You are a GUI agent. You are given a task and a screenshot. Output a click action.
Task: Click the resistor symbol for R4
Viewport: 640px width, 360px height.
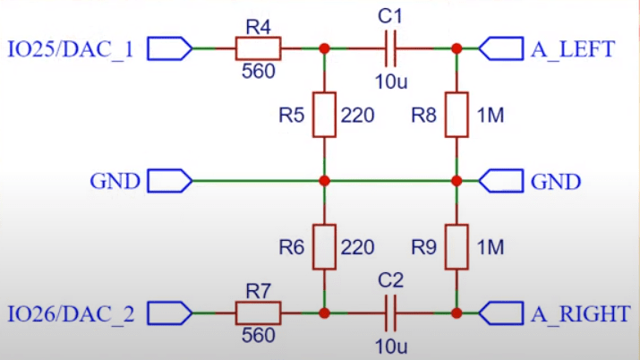[x=258, y=47]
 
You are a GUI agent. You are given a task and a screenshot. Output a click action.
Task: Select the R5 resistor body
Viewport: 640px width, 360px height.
[x=324, y=115]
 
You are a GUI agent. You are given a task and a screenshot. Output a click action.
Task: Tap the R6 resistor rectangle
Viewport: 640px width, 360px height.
[x=324, y=246]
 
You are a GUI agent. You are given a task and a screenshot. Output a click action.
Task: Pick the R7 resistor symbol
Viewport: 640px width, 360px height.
[x=258, y=313]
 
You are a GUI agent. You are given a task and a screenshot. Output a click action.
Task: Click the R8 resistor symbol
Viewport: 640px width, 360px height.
[x=456, y=115]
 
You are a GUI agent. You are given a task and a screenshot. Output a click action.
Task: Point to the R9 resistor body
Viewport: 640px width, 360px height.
[x=456, y=246]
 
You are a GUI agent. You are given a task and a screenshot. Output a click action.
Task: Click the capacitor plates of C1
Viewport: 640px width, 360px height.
[x=390, y=47]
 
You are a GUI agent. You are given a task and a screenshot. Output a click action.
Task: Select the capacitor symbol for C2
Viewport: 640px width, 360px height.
[x=390, y=313]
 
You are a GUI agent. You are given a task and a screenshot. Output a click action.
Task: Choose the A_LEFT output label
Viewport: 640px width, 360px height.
[x=573, y=48]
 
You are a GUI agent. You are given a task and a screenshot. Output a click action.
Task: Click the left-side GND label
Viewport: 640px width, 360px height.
[x=115, y=182]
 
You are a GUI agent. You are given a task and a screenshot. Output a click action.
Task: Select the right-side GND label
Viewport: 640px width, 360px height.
[x=556, y=182]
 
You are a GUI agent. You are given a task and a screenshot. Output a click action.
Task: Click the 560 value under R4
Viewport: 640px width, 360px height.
[x=258, y=72]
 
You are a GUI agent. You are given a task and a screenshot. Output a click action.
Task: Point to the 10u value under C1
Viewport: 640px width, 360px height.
[x=391, y=81]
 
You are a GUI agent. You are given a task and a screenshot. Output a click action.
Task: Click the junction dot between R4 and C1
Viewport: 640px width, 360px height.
[x=324, y=47]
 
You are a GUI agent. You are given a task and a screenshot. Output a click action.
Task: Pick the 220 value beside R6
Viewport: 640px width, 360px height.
[x=357, y=246]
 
